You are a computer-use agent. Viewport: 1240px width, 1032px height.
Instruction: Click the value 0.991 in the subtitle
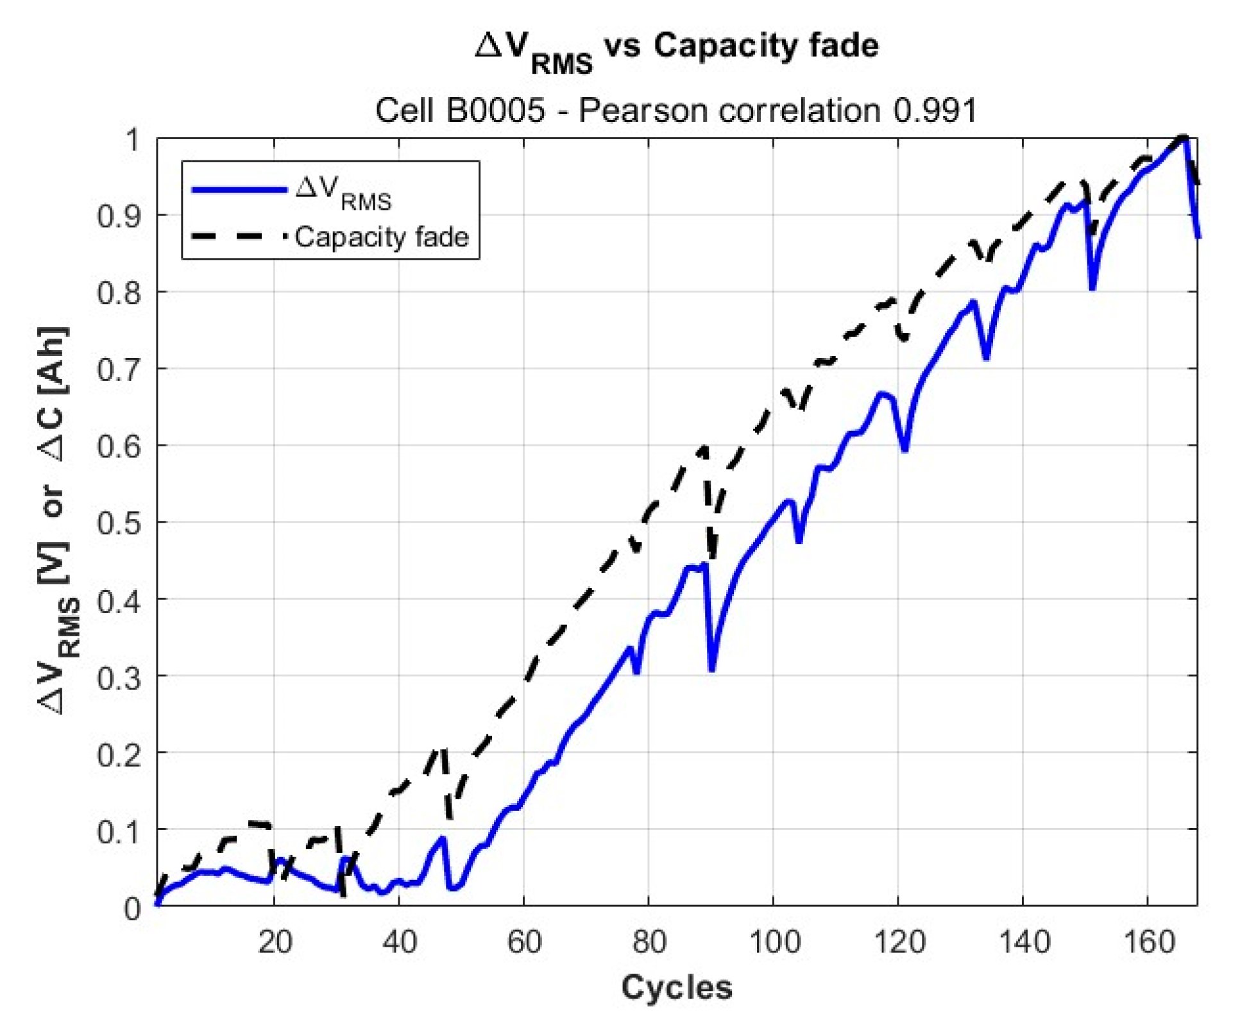click(x=935, y=110)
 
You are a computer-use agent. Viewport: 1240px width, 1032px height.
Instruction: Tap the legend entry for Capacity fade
click(x=382, y=237)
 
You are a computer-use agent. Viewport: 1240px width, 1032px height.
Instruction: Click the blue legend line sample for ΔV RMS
click(x=239, y=190)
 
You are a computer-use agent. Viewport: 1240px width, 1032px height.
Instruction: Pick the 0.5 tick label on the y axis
click(x=118, y=523)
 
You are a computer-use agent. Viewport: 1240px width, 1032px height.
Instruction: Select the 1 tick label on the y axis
click(x=132, y=139)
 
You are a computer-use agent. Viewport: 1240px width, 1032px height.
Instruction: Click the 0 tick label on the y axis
click(x=132, y=908)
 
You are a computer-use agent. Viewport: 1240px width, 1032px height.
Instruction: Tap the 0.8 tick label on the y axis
click(x=118, y=292)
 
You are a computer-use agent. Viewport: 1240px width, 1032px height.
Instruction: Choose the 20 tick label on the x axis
click(x=275, y=942)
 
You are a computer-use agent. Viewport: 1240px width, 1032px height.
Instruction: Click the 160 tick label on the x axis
click(x=1149, y=942)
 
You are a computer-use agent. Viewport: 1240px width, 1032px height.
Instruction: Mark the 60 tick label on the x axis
click(x=524, y=942)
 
